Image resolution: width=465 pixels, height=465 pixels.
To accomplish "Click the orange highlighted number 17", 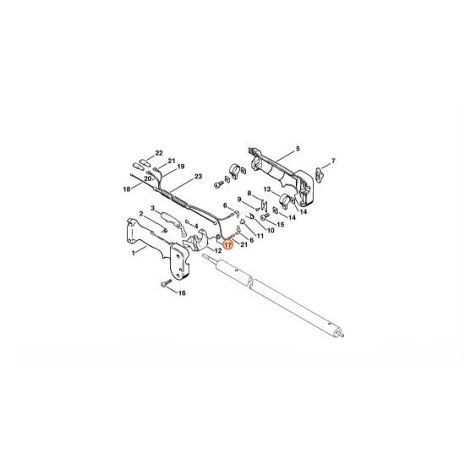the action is pos(227,245).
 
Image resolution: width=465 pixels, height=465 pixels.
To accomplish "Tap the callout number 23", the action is pos(198,177).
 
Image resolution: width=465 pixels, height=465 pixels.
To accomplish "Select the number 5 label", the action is pos(298,149).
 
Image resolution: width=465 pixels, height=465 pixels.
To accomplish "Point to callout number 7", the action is pos(333,161).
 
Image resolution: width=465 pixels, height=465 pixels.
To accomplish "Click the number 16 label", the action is pos(182,293).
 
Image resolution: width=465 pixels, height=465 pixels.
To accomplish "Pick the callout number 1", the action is pos(134,253).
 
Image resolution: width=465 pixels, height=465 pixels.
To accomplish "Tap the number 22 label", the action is pos(159,153).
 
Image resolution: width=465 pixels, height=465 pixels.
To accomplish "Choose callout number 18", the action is pos(127,189).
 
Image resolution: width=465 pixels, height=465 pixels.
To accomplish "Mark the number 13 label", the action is pos(267,189).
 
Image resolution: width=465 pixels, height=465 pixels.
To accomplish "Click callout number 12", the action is pos(218,251).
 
